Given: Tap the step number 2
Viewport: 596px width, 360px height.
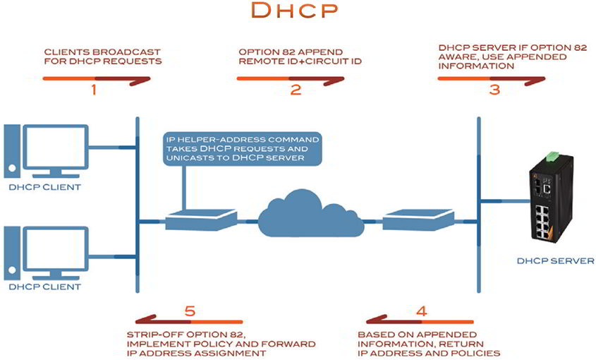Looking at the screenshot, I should pyautogui.click(x=296, y=90).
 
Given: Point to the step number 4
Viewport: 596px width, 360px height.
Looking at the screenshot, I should pyautogui.click(x=421, y=311).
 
